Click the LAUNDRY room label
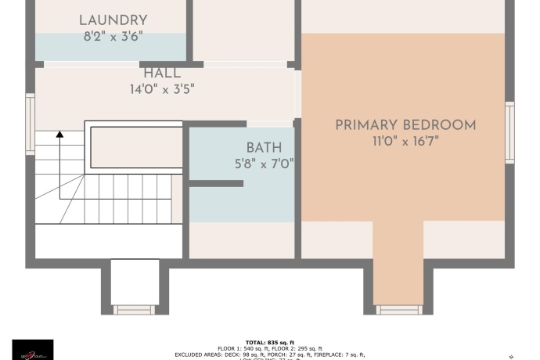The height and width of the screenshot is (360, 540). click(x=113, y=20)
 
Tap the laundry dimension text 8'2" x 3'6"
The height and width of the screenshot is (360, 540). click(x=113, y=36)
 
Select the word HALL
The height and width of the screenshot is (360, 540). click(x=162, y=74)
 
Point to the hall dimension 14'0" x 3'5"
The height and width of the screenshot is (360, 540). click(x=162, y=89)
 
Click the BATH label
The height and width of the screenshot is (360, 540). click(x=264, y=148)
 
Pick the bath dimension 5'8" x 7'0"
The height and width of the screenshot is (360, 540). click(x=264, y=164)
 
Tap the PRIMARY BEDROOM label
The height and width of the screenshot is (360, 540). click(x=405, y=125)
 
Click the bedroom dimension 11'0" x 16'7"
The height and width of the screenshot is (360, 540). click(x=405, y=141)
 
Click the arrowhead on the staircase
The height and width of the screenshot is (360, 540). click(x=59, y=135)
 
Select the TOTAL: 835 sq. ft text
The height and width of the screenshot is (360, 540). click(x=270, y=342)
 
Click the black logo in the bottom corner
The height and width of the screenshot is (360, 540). click(x=33, y=349)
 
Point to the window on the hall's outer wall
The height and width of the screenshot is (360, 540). click(x=31, y=124)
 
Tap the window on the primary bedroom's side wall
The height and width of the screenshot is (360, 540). click(x=509, y=134)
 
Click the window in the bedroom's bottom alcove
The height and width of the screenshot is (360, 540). click(x=399, y=310)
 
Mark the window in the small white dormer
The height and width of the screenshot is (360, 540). click(x=135, y=310)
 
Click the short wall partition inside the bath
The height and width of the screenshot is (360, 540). click(x=217, y=183)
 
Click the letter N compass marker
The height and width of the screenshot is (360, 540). click(x=511, y=356)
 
